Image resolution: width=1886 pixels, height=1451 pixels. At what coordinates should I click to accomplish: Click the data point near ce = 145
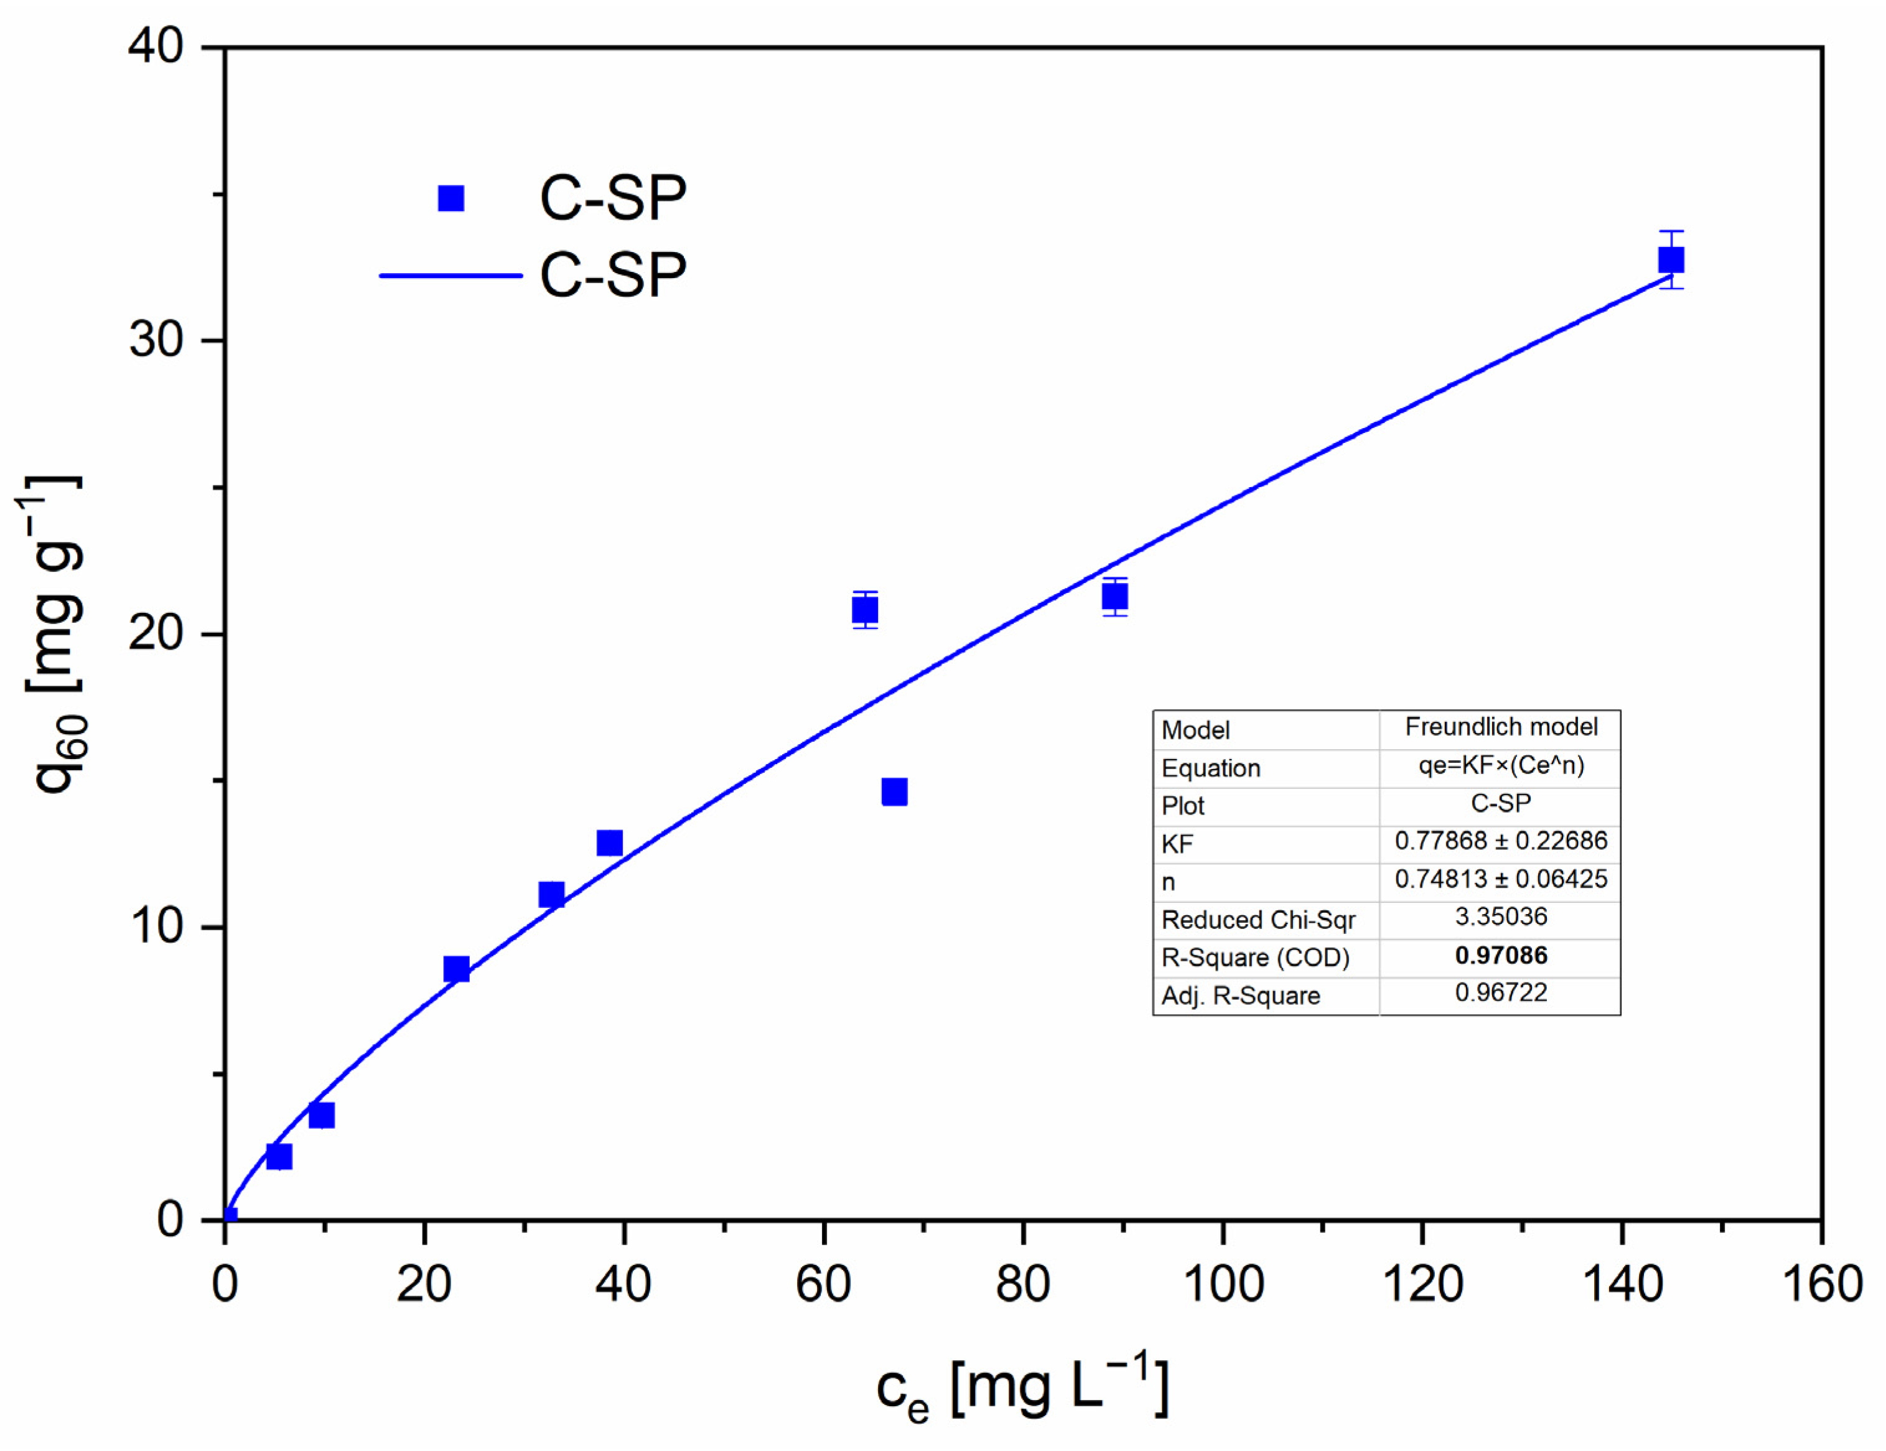(1671, 260)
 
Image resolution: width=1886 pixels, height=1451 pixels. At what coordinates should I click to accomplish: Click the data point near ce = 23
(457, 969)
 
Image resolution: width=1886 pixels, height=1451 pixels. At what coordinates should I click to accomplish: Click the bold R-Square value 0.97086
(1501, 955)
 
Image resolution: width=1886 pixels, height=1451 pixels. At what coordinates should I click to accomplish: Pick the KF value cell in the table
(1501, 841)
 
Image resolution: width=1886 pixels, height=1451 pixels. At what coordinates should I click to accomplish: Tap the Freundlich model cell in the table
(1501, 727)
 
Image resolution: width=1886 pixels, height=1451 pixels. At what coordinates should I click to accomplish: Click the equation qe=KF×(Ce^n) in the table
(1501, 765)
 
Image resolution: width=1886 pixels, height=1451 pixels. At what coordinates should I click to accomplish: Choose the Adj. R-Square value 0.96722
(1501, 993)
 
